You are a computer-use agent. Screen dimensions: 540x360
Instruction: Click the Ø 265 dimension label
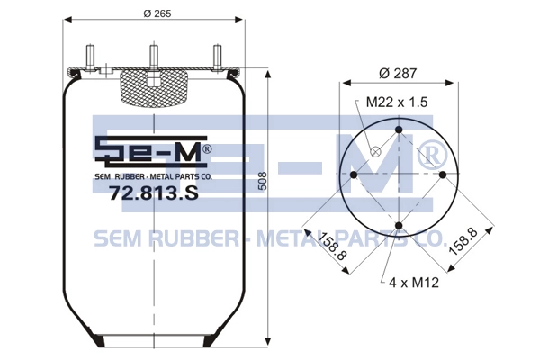click(157, 13)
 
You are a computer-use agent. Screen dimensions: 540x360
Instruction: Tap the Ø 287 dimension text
click(398, 74)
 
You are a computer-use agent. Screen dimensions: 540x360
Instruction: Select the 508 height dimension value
click(263, 181)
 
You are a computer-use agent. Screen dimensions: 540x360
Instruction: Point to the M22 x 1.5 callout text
click(397, 103)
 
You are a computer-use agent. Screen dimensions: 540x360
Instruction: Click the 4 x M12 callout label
click(414, 283)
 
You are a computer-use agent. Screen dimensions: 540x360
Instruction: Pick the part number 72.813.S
click(154, 193)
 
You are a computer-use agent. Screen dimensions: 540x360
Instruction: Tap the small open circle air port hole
click(375, 151)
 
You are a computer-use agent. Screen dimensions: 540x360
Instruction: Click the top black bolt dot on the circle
click(399, 130)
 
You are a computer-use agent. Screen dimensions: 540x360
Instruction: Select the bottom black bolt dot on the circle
click(399, 226)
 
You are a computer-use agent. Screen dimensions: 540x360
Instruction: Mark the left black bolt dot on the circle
click(354, 175)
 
